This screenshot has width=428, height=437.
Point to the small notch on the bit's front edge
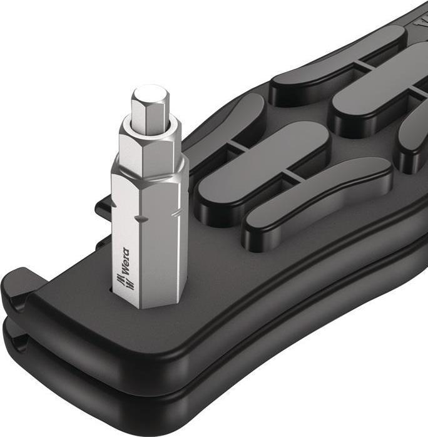(x=143, y=218)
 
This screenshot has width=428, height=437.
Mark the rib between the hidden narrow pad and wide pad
(x=234, y=145)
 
